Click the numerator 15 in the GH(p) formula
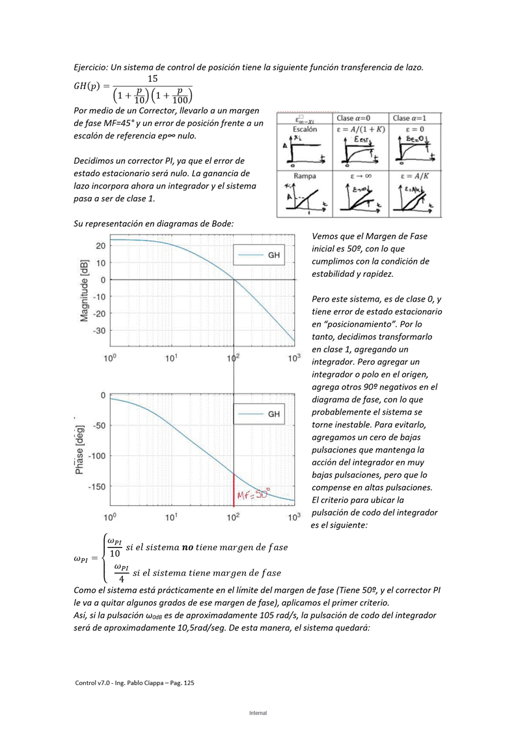[152, 79]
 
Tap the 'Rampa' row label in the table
[305, 176]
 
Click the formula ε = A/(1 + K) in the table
[360, 129]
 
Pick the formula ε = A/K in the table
[415, 176]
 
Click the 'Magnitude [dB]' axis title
[85, 291]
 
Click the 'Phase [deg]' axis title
[79, 448]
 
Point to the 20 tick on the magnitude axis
[101, 246]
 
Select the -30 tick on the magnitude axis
[99, 331]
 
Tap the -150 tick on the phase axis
[96, 486]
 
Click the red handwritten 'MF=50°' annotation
[253, 495]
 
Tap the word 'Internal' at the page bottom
[258, 713]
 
